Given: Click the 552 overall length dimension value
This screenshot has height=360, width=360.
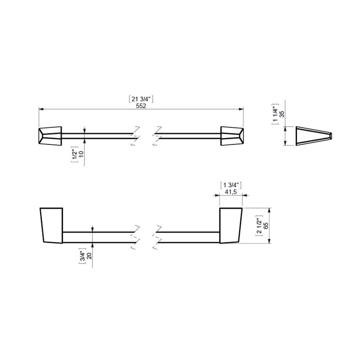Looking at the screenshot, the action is pos(141,106).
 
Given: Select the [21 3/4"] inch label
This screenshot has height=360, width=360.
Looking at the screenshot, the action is pos(141,99).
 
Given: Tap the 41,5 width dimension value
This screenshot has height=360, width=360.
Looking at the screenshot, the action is pos(231,192).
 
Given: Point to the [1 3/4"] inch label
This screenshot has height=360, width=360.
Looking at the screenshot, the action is pos(231,185).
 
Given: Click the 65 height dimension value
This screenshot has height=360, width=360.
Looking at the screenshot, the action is pos(266,226).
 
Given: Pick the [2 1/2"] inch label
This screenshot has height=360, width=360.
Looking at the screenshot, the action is pos(259,226).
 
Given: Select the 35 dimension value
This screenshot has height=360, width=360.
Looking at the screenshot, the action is pos(282,114).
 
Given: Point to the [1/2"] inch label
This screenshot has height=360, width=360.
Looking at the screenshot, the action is pos(74,154).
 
